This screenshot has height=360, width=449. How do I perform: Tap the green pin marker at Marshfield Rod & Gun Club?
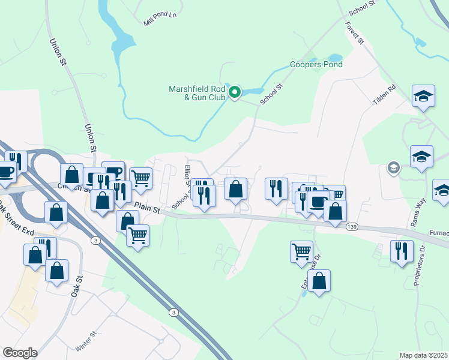235,92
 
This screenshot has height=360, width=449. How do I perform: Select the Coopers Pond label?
316,64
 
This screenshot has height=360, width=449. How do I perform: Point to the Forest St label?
355,34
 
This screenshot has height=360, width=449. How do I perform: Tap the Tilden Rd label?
385,95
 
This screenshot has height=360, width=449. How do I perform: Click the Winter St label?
85,342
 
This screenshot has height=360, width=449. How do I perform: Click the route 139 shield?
352,226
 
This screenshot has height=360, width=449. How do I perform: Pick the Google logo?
20,353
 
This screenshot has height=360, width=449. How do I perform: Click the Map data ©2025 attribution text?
424,355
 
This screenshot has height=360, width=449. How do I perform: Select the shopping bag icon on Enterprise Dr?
319,281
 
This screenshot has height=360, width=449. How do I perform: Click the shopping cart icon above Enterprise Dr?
301,250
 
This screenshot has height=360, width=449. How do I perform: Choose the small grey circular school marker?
394,167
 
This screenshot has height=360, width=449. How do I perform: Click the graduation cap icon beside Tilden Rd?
423,96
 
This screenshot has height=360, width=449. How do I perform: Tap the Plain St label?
147,208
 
